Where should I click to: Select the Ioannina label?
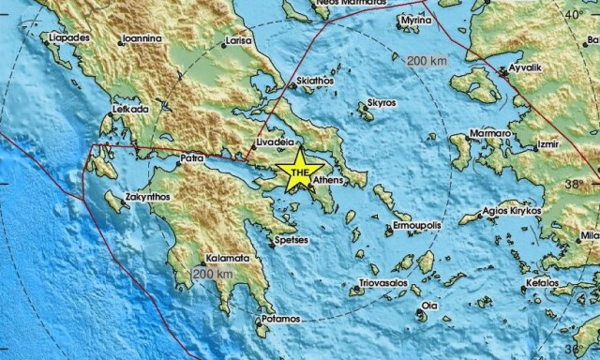tap(141, 40)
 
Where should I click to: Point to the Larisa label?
tap(238, 41)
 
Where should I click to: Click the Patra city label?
tap(191, 158)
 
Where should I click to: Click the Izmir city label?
tap(547, 145)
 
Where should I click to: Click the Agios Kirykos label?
tap(513, 212)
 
